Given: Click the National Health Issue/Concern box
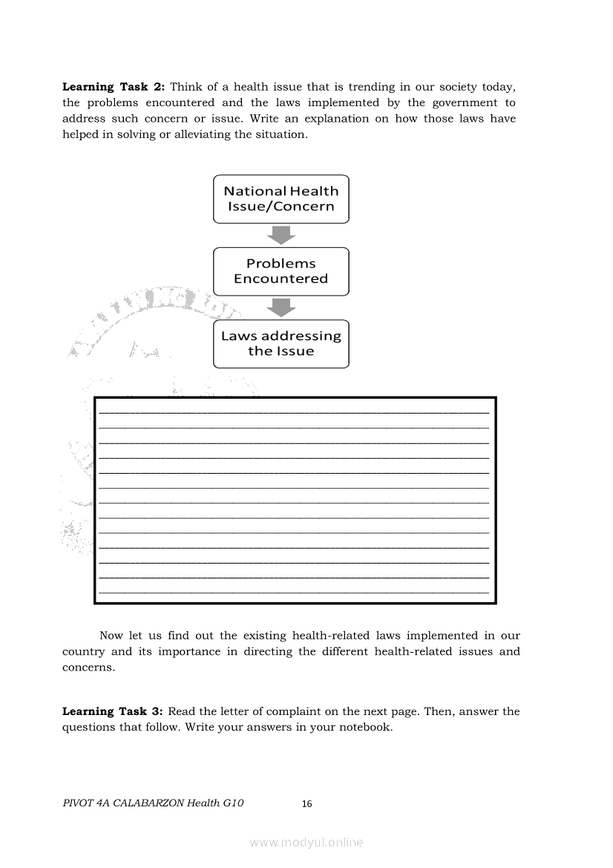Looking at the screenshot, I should (281, 199).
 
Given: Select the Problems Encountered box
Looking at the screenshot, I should (281, 271).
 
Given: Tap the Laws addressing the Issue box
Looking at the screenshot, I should (281, 343).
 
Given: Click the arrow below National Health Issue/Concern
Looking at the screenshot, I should (281, 235).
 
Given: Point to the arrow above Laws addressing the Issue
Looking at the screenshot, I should (281, 307).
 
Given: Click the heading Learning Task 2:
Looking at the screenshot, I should (114, 87).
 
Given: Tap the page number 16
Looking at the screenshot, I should (307, 804).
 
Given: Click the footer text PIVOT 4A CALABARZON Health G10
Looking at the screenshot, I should (153, 803).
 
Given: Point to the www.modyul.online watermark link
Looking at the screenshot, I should (306, 843).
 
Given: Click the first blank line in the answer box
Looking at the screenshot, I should (294, 411).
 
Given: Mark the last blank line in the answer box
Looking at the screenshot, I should (294, 592).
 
